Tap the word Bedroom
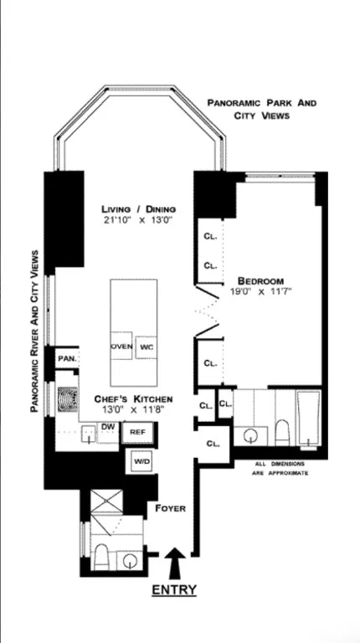[x=260, y=280]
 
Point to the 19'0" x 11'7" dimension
[x=260, y=292]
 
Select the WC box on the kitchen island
[x=147, y=346]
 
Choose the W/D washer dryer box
[x=140, y=460]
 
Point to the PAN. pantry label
[x=67, y=359]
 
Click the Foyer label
[x=170, y=508]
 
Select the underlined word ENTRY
[x=174, y=590]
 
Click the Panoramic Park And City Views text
[x=262, y=109]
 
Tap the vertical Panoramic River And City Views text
[x=34, y=331]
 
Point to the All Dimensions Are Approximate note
[x=280, y=468]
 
